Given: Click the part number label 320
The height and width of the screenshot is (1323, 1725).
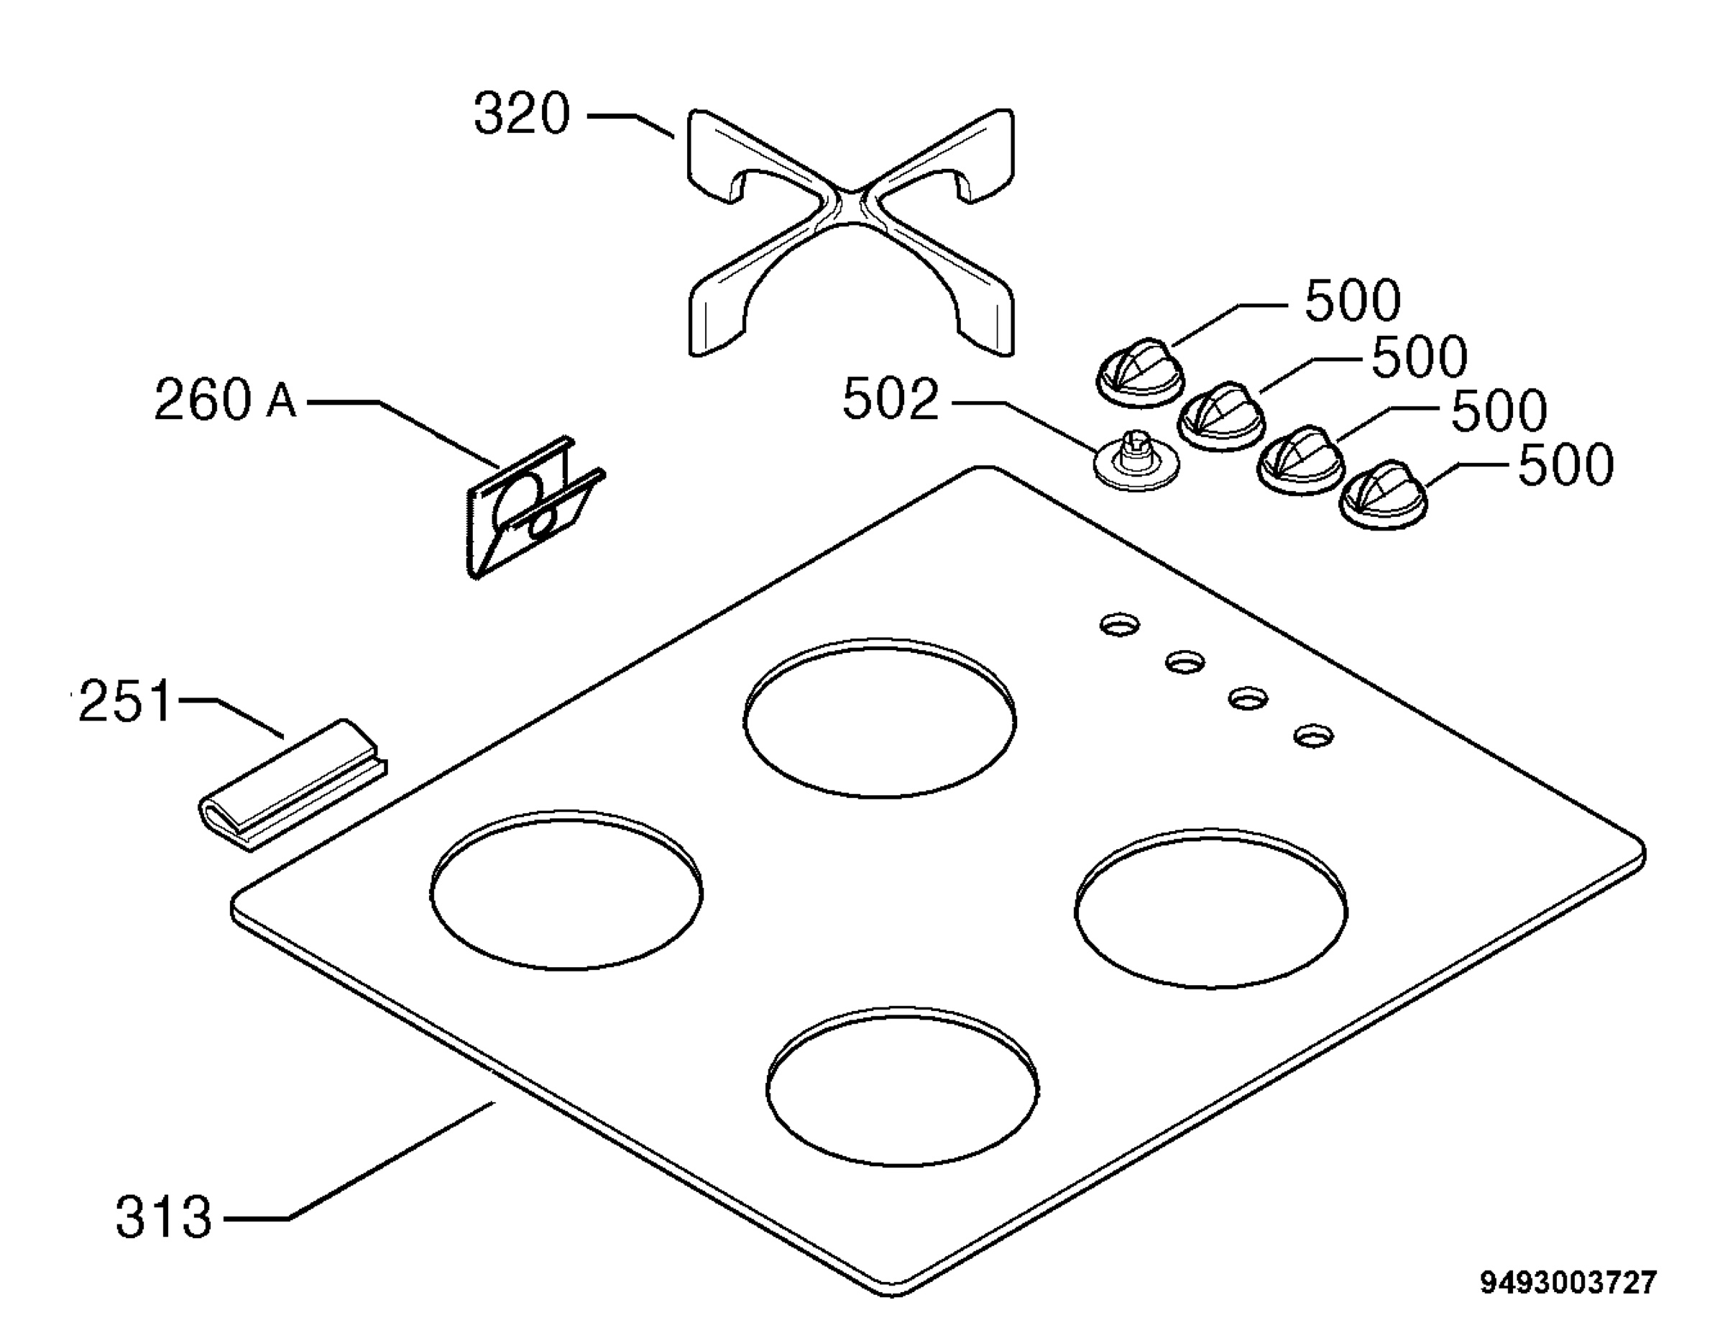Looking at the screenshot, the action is coord(521,114).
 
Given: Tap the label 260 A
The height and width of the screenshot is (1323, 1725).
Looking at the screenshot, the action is coord(225,400).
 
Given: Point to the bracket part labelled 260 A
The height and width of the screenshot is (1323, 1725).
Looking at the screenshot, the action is coord(535,508).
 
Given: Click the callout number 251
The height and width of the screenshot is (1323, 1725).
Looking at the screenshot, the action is coord(124,701).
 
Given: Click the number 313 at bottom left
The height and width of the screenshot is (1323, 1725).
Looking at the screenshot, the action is coord(164,1217).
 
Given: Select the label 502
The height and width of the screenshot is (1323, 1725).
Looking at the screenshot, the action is coord(891,399).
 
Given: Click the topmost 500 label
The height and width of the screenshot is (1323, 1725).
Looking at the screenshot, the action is coord(1353,300).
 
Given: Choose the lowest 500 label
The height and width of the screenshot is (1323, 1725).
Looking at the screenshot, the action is coord(1566,465).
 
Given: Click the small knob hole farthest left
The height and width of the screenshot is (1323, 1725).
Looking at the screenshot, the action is coord(1120,626).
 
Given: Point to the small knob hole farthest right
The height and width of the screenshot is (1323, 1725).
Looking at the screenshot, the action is coord(1314,736).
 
